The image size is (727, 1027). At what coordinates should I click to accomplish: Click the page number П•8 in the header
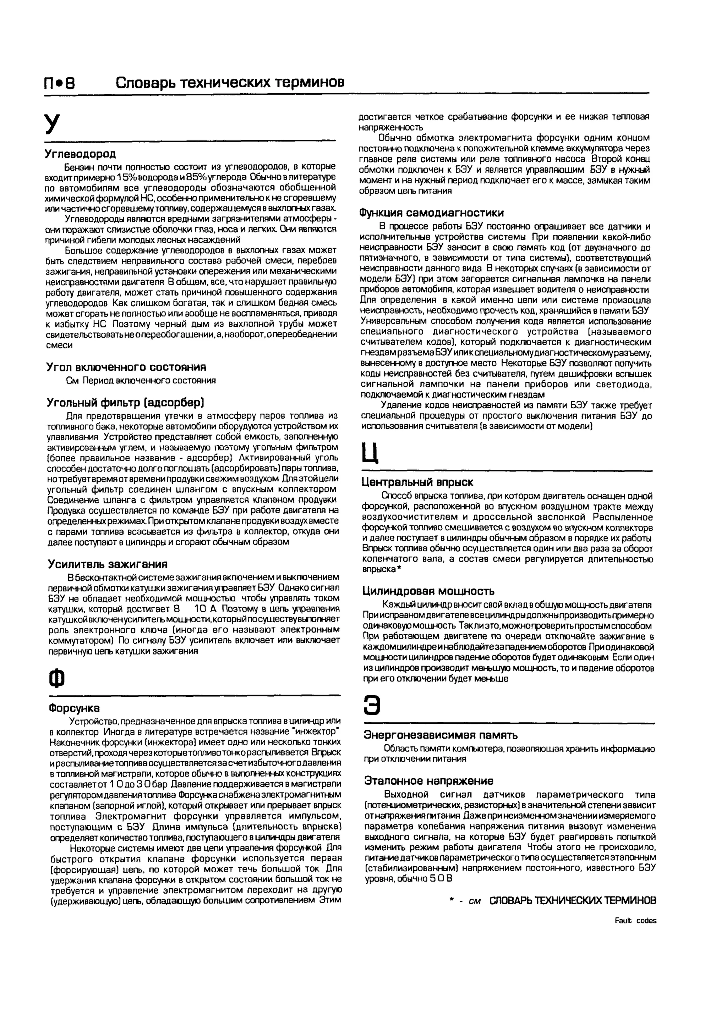(x=60, y=83)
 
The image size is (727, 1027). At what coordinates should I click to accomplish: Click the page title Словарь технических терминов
(x=230, y=82)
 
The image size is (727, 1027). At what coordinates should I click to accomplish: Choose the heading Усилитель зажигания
(x=108, y=564)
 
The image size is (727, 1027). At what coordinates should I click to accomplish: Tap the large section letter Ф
(x=56, y=679)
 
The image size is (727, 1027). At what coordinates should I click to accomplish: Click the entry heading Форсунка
(x=74, y=708)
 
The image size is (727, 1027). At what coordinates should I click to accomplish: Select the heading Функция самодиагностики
(x=432, y=213)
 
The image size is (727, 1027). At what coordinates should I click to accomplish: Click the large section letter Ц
(x=371, y=453)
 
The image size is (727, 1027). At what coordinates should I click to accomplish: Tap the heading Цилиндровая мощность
(x=428, y=591)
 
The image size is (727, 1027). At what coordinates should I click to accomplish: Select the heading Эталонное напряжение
(x=428, y=780)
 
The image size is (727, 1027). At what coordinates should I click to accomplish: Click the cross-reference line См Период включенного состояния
(x=141, y=381)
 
